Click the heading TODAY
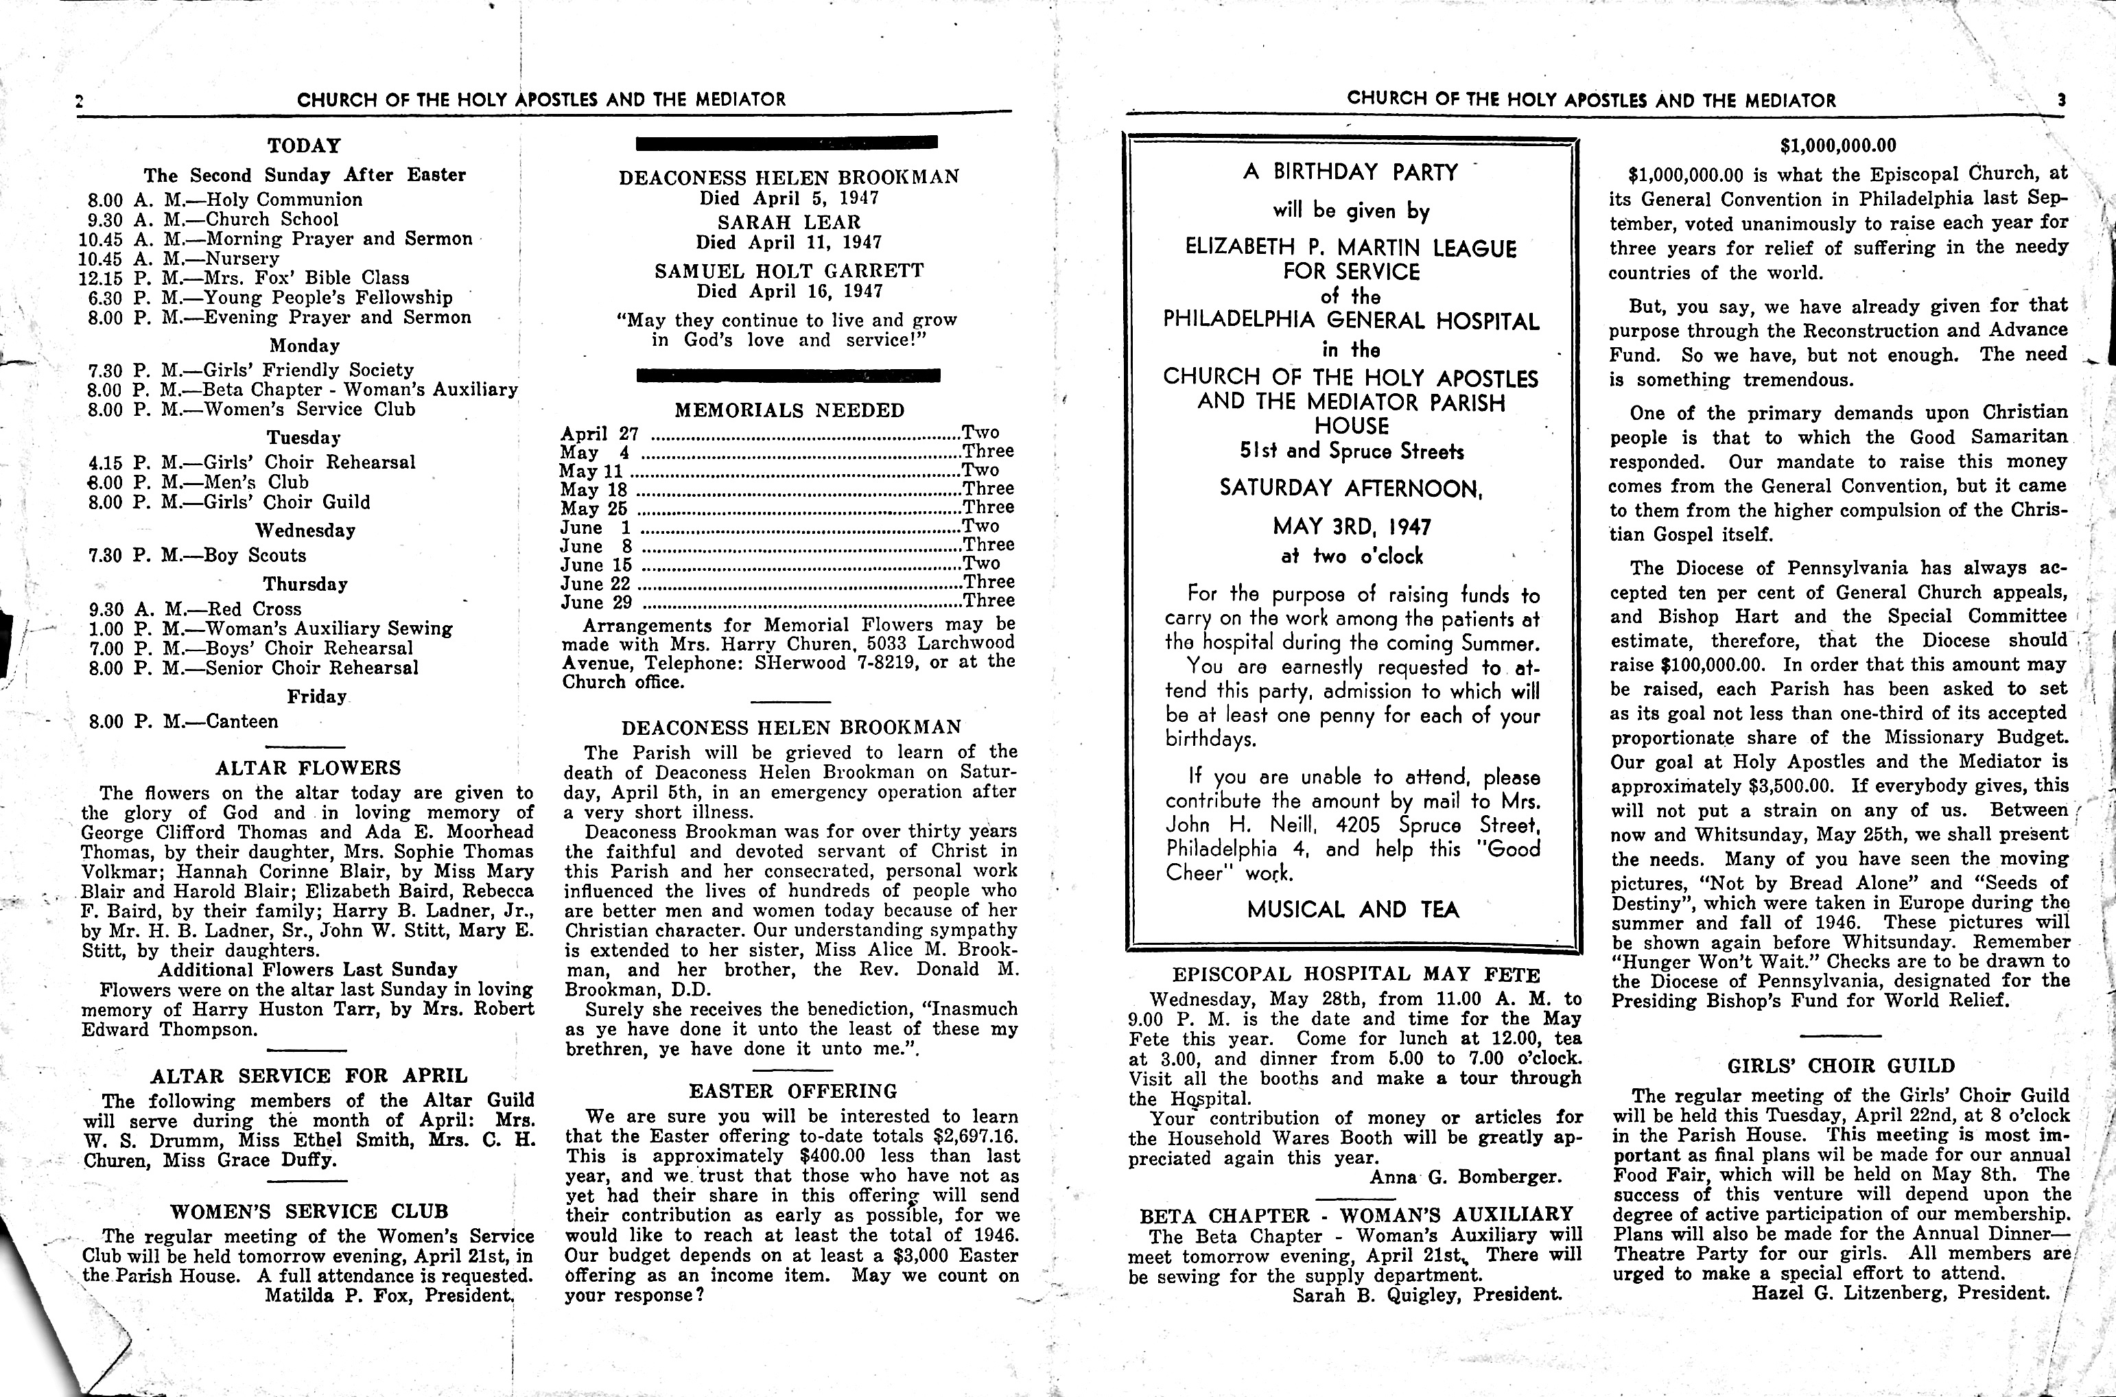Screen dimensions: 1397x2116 click(304, 146)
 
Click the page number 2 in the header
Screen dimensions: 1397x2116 click(80, 102)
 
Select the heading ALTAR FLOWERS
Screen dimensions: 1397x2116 click(308, 768)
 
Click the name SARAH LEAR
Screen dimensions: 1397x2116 click(788, 222)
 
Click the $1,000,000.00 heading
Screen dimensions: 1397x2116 click(1838, 146)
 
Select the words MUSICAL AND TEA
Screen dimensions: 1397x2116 click(1352, 910)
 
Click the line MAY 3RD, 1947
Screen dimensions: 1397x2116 click(1352, 526)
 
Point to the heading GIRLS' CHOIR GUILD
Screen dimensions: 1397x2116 click(1841, 1066)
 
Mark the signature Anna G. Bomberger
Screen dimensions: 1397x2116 click(1466, 1177)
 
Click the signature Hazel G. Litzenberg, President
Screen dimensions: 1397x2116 click(1901, 1293)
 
